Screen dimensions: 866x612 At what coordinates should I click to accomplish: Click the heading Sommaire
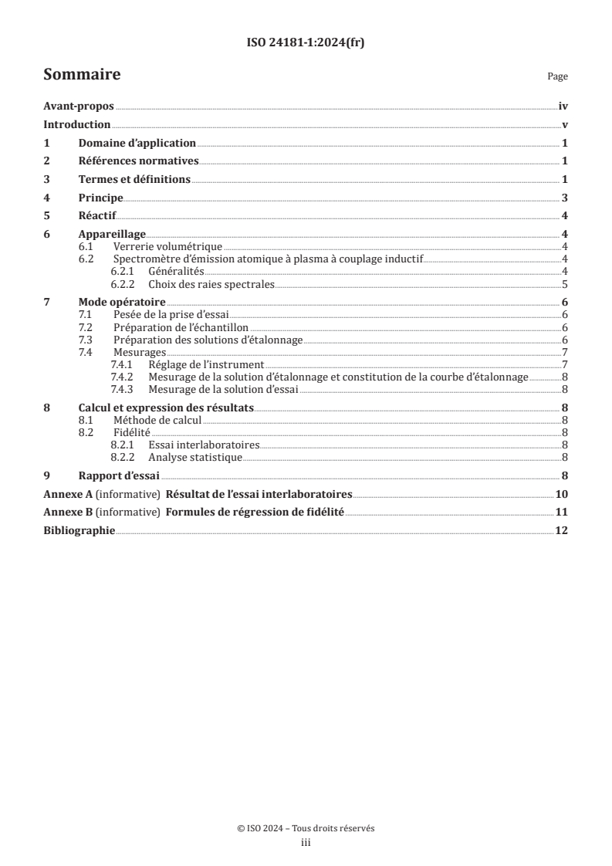[x=82, y=75]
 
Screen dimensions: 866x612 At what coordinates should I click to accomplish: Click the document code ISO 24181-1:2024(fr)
[x=306, y=43]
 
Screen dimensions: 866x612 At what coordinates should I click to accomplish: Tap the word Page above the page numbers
[x=557, y=77]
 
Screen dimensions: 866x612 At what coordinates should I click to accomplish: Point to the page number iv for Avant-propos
[x=563, y=107]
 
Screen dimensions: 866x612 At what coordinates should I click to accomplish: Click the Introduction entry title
[x=77, y=125]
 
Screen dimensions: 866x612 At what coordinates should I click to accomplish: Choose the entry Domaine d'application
[x=137, y=144]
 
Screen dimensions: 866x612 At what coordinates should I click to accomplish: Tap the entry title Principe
[x=101, y=198]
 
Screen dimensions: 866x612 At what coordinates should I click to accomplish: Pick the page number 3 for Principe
[x=565, y=198]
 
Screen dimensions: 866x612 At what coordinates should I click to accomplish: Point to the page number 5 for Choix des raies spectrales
[x=565, y=284]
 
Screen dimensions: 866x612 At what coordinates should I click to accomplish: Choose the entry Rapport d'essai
[x=118, y=475]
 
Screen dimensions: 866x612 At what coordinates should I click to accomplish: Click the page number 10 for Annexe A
[x=562, y=494]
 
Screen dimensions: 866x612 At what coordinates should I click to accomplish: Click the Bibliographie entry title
[x=79, y=531]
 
